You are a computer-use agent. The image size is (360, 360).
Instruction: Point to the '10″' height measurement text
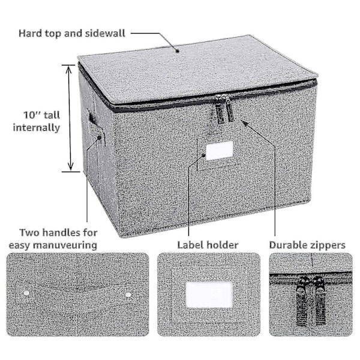click(32, 115)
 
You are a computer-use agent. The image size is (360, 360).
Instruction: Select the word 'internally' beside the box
click(37, 128)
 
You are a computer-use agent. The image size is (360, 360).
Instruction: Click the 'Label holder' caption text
click(208, 245)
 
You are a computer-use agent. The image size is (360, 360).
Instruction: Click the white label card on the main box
click(220, 151)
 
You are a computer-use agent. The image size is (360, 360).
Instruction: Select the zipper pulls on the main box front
click(224, 109)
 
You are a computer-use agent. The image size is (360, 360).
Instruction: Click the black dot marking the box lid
click(177, 51)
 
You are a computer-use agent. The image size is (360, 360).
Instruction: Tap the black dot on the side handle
click(100, 138)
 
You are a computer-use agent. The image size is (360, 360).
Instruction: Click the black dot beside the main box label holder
click(203, 155)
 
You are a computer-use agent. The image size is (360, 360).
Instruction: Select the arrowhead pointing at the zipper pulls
click(245, 123)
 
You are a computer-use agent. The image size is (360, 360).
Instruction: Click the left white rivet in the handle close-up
click(26, 293)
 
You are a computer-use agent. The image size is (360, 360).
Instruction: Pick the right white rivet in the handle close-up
click(128, 295)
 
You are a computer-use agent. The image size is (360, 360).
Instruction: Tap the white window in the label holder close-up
click(209, 295)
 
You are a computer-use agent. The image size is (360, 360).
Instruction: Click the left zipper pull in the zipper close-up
click(302, 301)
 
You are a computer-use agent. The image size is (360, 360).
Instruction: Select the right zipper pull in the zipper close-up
click(320, 301)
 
